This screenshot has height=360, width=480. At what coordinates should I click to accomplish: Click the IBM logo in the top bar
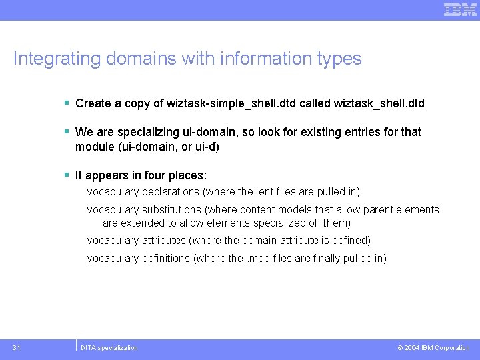pyautogui.click(x=460, y=9)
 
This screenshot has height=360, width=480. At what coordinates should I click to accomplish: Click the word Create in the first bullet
pyautogui.click(x=93, y=103)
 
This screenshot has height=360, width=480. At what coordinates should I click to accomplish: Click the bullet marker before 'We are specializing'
pyautogui.click(x=67, y=131)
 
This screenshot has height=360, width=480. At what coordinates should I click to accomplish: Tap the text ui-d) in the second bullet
pyautogui.click(x=206, y=146)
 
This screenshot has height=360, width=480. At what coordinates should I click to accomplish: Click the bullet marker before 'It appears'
pyautogui.click(x=67, y=175)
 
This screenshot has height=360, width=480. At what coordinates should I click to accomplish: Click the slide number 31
pyautogui.click(x=17, y=347)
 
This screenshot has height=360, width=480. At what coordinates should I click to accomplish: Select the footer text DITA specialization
pyautogui.click(x=109, y=347)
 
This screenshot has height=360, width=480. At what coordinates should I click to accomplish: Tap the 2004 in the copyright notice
pyautogui.click(x=411, y=347)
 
